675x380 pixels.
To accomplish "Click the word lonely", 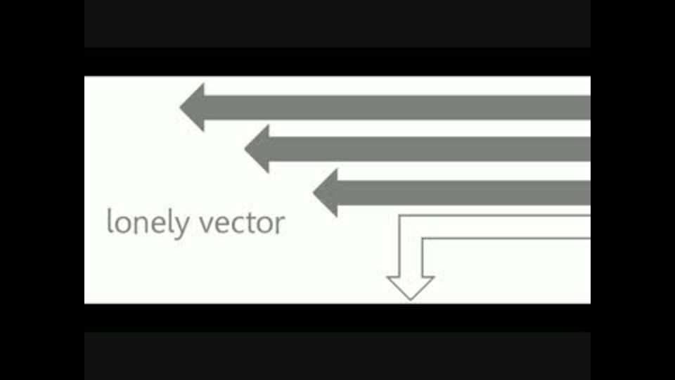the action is (148, 223).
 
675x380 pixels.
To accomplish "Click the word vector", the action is (242, 224).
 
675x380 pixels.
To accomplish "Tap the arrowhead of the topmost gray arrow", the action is (192, 107).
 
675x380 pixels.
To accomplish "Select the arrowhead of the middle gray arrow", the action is (257, 149).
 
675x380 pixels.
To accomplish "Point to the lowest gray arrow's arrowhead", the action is (326, 193).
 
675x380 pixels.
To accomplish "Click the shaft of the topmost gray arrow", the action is (397, 107).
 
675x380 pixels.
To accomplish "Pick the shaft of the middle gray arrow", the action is (430, 149).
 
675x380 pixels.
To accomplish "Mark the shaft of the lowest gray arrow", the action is (463, 193).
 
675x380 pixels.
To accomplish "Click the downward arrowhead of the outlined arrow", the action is (411, 289).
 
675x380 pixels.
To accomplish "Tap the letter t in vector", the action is (252, 223).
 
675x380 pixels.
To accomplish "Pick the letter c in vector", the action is (239, 224).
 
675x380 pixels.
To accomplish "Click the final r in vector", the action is (281, 224).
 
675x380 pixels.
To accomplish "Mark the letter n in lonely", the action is (143, 224).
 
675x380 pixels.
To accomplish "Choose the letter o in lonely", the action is (123, 224).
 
